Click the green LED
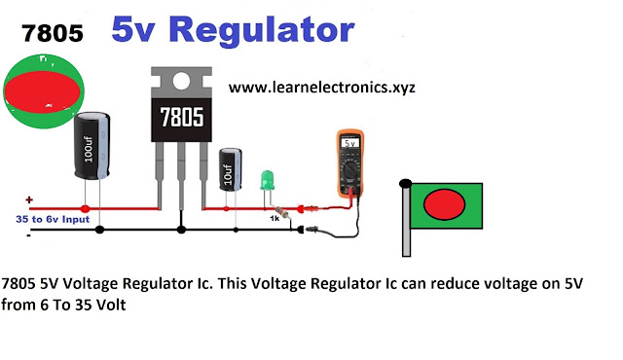click(267, 180)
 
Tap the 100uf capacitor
click(92, 146)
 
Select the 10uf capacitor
click(231, 169)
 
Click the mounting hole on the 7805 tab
click(181, 81)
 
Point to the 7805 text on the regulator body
click(182, 117)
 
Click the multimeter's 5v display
click(350, 143)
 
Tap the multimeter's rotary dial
click(350, 170)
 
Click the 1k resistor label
click(275, 218)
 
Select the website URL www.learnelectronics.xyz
click(322, 88)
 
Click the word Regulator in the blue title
click(262, 30)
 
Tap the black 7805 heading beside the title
click(53, 33)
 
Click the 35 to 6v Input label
click(53, 219)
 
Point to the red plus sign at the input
click(29, 199)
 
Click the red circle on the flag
click(444, 204)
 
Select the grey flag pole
click(406, 220)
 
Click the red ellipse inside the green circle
click(42, 91)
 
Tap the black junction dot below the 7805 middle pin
click(181, 230)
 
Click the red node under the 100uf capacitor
click(85, 209)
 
